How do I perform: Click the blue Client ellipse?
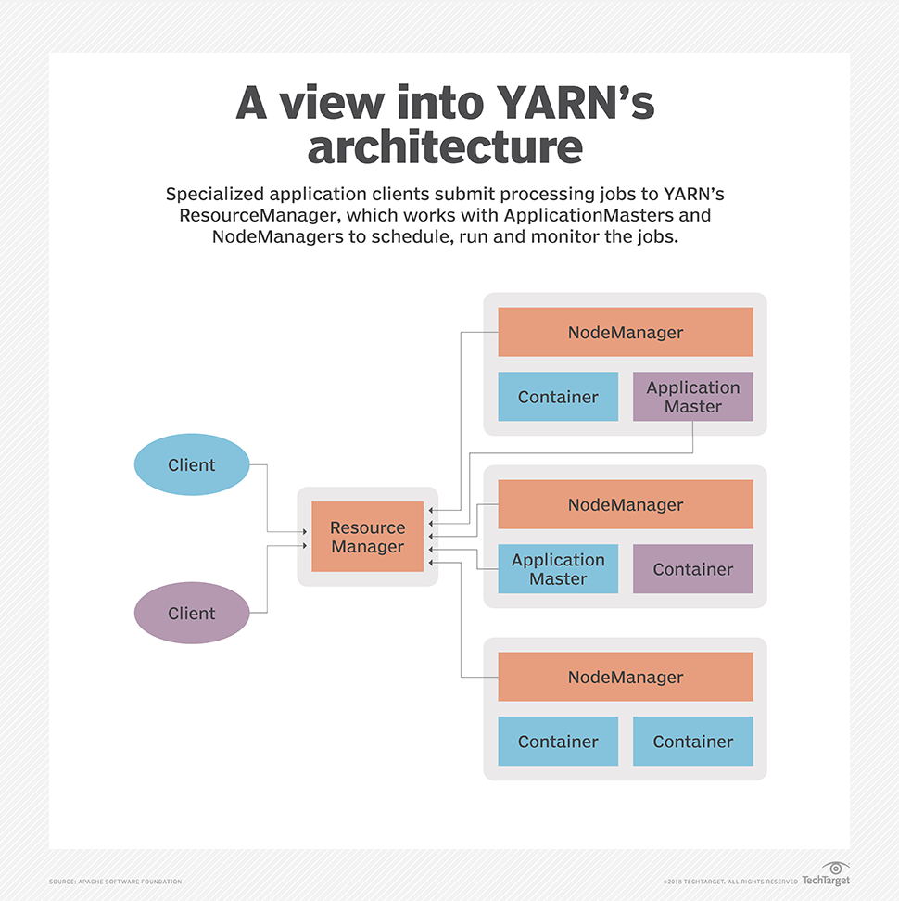coord(192,464)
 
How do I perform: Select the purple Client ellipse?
coord(192,613)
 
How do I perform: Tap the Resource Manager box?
coord(368,537)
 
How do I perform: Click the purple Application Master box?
coord(692,397)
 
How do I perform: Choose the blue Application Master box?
coord(558,569)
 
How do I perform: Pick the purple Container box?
coord(692,569)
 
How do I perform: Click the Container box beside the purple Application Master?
coord(558,397)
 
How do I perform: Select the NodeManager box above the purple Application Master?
coord(626,332)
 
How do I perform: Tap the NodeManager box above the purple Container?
coord(626,504)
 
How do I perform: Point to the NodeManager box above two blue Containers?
coord(626,677)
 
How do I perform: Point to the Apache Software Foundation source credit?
coord(116,881)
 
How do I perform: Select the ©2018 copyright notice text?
coord(729,881)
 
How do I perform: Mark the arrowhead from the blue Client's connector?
coord(307,531)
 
